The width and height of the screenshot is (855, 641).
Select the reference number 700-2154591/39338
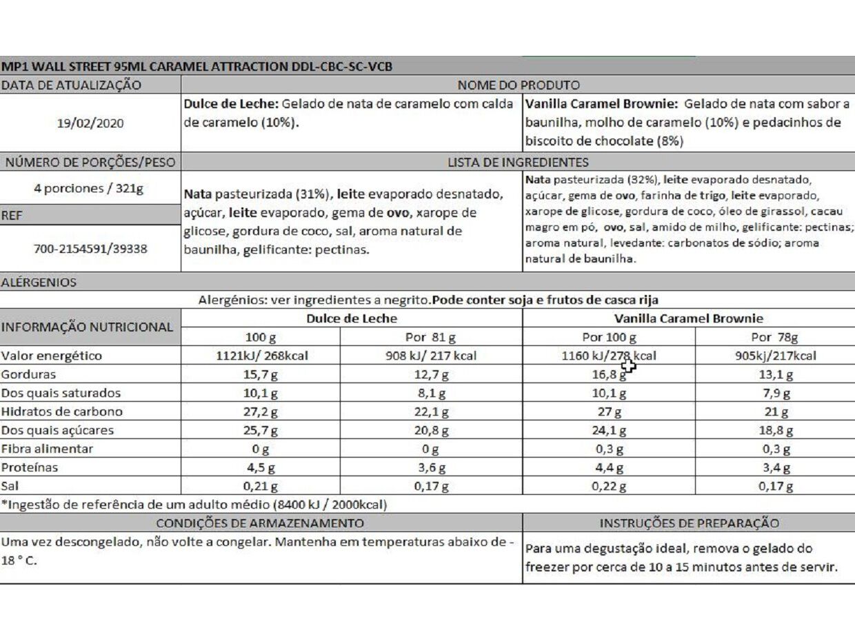click(90, 248)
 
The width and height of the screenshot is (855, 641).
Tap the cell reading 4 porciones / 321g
click(90, 189)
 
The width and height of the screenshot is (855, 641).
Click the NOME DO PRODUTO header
click(518, 85)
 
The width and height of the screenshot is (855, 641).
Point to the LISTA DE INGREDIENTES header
click(518, 163)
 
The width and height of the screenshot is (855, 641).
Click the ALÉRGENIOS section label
click(39, 282)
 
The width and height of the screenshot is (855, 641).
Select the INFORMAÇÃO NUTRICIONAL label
click(87, 327)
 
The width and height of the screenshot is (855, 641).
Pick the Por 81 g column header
click(431, 338)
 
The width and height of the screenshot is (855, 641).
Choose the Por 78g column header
click(774, 338)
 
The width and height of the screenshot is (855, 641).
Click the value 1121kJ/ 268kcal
click(261, 356)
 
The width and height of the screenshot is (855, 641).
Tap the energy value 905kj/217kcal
click(774, 356)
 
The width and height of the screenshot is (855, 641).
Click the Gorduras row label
click(29, 375)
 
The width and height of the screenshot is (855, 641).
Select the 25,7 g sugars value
click(261, 431)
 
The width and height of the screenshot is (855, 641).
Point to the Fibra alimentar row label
click(48, 449)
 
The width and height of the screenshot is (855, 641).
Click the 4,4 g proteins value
click(609, 468)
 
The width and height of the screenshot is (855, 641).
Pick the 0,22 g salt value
click(609, 487)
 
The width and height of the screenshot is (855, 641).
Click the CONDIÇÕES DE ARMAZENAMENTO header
click(260, 523)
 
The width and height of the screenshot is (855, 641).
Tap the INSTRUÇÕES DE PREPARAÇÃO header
click(689, 523)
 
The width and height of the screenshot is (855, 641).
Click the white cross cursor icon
click(628, 365)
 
